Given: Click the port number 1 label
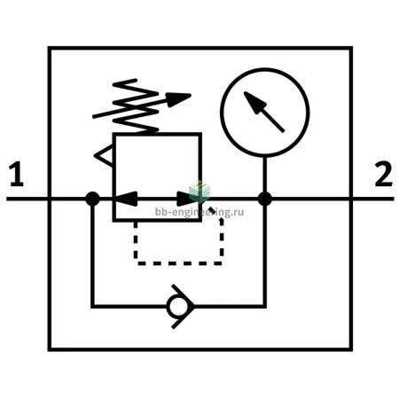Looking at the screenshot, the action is click(16, 174).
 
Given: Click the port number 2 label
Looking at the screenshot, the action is click(383, 174).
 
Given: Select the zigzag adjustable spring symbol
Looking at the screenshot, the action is click(136, 106).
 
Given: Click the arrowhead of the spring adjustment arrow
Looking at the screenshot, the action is click(178, 99).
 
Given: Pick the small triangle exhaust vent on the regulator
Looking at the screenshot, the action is click(104, 156).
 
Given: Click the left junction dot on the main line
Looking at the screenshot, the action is click(92, 199).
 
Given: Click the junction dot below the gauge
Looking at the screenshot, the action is click(265, 199).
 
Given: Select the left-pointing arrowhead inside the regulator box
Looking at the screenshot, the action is click(126, 199).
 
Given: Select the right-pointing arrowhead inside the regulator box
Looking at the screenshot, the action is click(187, 199).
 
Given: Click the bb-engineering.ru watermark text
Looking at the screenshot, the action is click(199, 212).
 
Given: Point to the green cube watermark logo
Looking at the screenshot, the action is click(199, 192).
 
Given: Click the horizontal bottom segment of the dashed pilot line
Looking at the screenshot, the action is click(180, 263).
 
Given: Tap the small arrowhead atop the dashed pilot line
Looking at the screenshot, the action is click(221, 221).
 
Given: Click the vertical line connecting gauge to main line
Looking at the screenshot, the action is click(265, 175).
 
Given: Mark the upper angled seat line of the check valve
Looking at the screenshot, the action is click(183, 294).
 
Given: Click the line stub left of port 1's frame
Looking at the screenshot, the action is click(27, 199).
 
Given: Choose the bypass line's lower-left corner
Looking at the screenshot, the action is click(92, 307).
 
